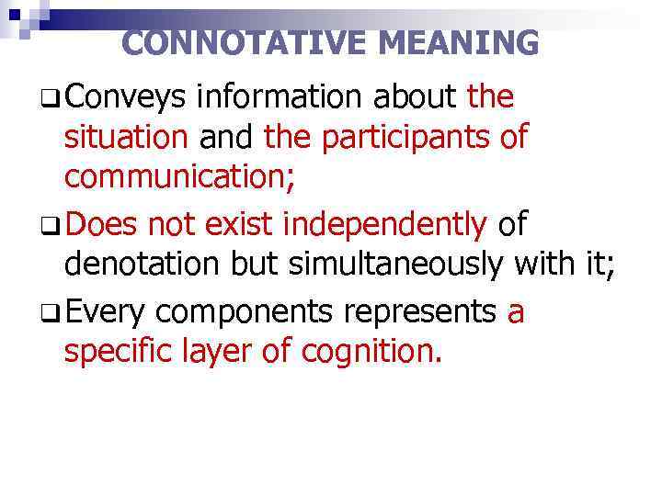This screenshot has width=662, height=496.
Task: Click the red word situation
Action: point(126,138)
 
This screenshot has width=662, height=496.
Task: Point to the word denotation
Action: point(142,265)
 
